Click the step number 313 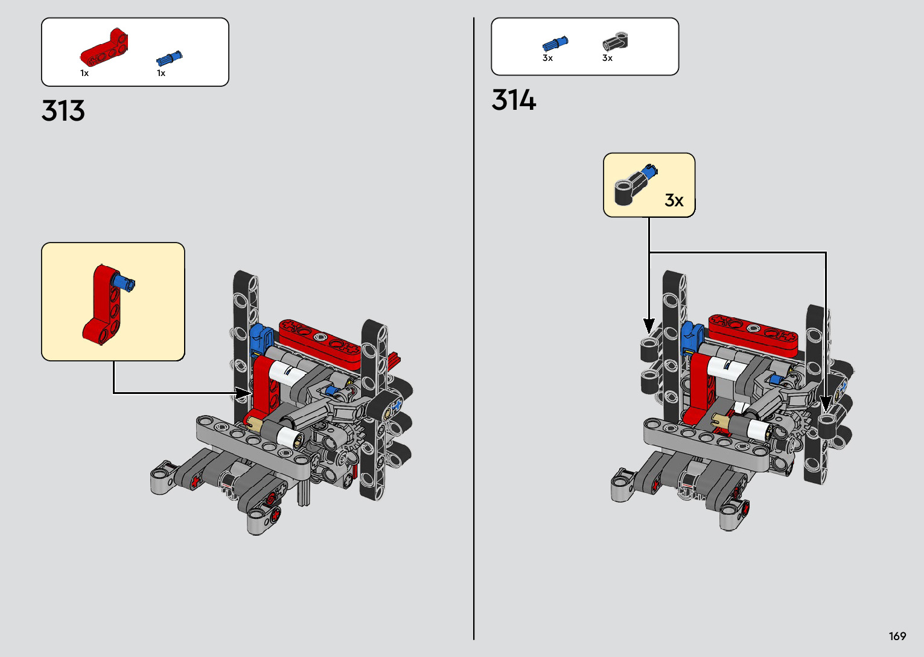point(63,110)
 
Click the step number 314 point(514,100)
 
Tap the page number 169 point(897,636)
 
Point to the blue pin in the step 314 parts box point(555,43)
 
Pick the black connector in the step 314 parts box point(615,42)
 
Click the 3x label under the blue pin point(547,58)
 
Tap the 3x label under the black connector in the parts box point(607,58)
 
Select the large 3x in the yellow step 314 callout point(674,200)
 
